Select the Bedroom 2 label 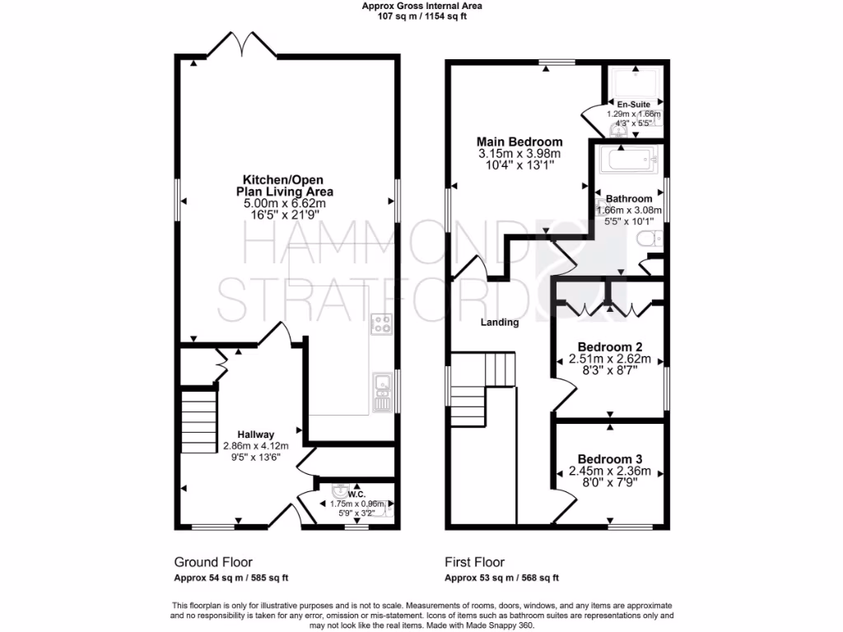(x=610, y=346)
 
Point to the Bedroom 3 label (x=610, y=458)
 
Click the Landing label (x=500, y=323)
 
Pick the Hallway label (x=256, y=434)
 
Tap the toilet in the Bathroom (x=650, y=239)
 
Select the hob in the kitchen (x=382, y=323)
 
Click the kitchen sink (x=382, y=393)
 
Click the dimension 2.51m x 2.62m (x=610, y=359)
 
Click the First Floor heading (x=474, y=563)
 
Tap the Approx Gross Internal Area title (x=422, y=6)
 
